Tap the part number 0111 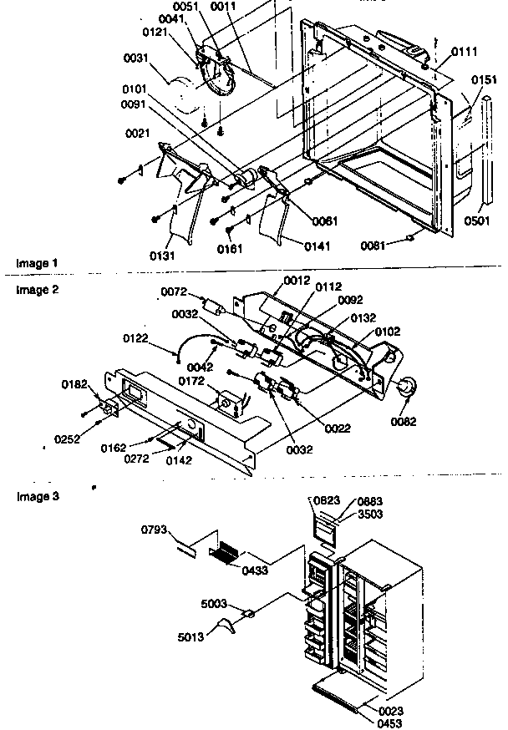click(x=464, y=53)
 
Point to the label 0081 click(x=376, y=246)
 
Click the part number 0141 click(x=295, y=245)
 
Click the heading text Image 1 click(x=38, y=263)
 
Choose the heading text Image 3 click(x=38, y=496)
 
